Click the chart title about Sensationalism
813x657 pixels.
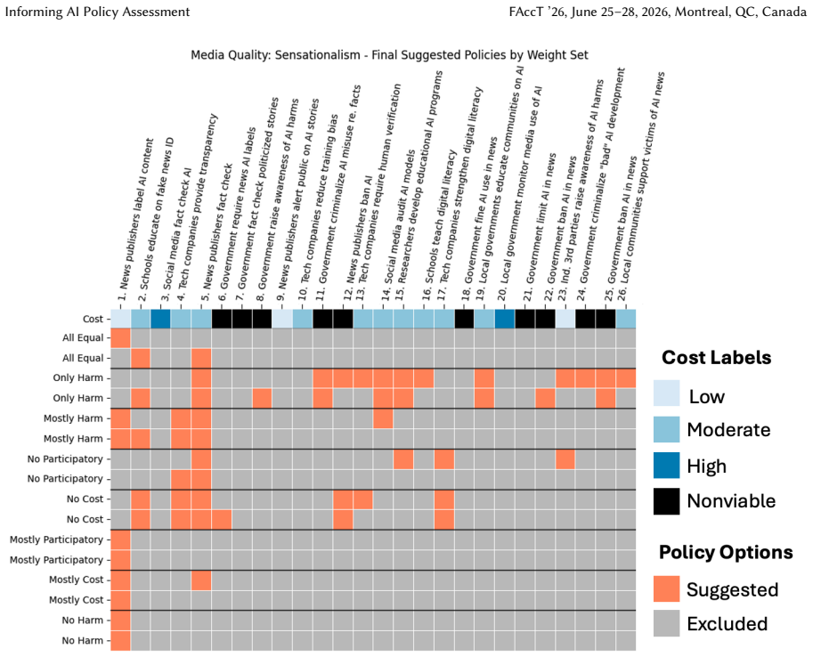tap(389, 55)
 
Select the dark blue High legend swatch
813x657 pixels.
tap(666, 465)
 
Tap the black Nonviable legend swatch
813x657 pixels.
tap(666, 501)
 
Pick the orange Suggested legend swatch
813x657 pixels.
tap(666, 589)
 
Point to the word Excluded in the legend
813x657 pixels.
tap(727, 623)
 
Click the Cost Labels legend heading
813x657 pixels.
tap(716, 357)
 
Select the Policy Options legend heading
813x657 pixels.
tap(726, 552)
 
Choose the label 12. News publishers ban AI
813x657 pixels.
tap(358, 230)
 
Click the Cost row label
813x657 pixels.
tap(93, 319)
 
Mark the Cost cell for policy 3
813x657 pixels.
tap(161, 319)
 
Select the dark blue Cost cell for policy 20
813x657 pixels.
tap(505, 319)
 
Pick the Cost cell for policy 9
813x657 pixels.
tap(282, 319)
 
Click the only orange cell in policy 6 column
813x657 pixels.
tap(222, 519)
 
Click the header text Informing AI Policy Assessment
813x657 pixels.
tap(97, 12)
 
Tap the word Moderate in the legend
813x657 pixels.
tap(728, 430)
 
